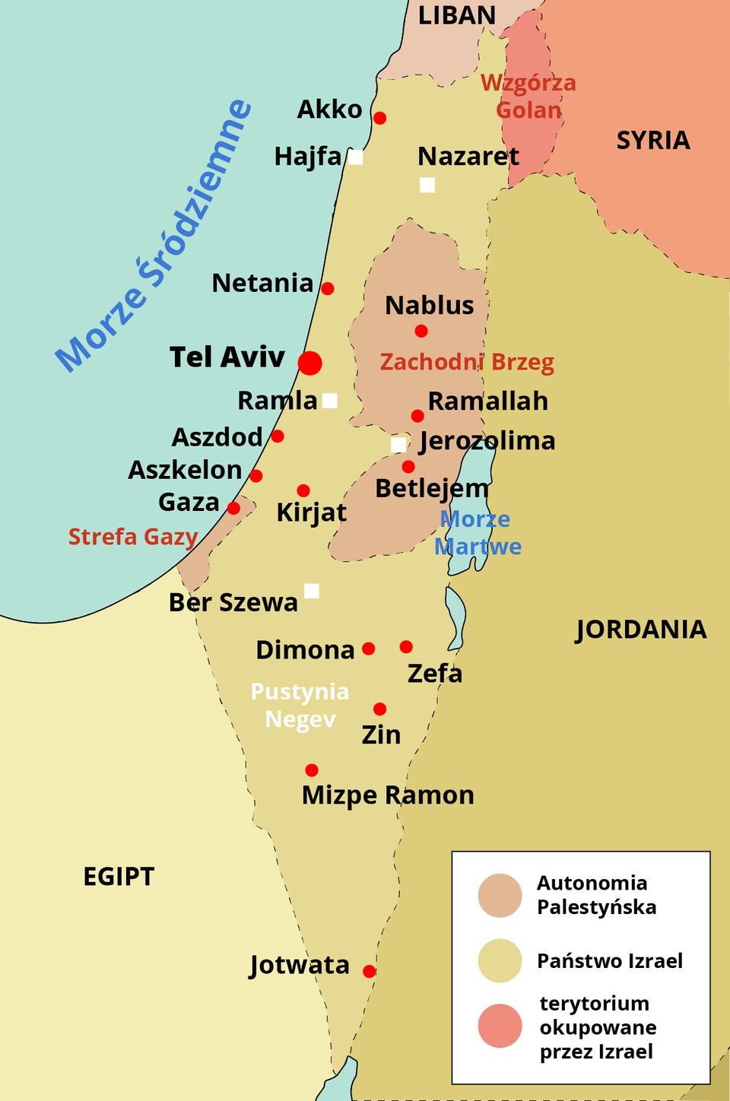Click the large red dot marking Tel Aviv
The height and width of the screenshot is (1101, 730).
coord(309,363)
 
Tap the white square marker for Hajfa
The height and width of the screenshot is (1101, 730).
coord(355,157)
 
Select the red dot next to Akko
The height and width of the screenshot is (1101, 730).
coord(379,118)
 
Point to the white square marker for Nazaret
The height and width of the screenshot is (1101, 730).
coord(427,185)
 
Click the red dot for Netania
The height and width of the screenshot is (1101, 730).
coord(327,288)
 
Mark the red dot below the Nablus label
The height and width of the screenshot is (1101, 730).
coord(421,331)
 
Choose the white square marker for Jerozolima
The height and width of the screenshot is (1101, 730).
coord(398,445)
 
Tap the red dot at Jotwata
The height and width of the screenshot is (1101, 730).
coord(369,971)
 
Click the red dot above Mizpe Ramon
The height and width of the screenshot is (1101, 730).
coord(312,770)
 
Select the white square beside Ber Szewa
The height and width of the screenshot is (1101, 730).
coord(311,591)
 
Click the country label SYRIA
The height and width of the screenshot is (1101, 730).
coord(653,141)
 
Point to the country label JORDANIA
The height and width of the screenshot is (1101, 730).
coord(641,630)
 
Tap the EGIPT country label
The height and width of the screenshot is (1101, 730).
coord(119,877)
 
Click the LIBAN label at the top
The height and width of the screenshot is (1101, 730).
coord(457,15)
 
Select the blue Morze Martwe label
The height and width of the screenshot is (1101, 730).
coord(478,533)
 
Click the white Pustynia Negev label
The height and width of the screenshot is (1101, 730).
coord(300,705)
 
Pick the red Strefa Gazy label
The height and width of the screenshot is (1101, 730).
coord(133,537)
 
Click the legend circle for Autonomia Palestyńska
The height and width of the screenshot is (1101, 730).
coord(500,895)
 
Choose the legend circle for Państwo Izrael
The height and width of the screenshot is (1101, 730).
coord(500,961)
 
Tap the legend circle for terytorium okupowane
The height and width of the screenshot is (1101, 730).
coord(500,1026)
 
